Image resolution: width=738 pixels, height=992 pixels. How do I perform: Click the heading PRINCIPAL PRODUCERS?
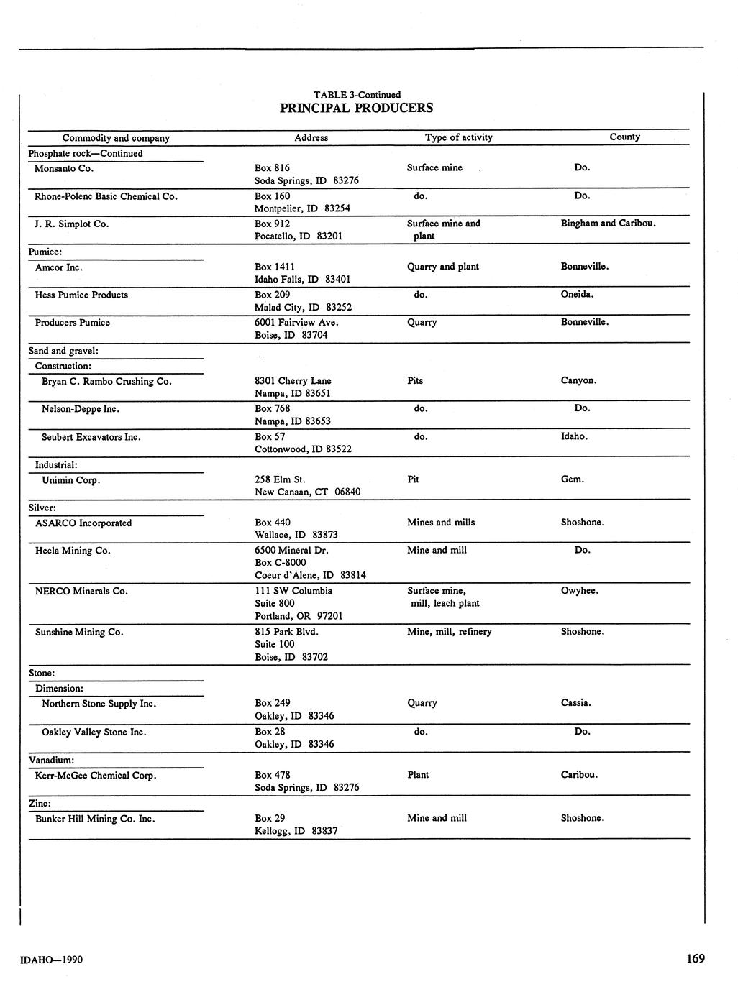356,109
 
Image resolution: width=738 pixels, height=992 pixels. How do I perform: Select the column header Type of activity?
458,137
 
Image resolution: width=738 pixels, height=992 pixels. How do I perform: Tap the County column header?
624,137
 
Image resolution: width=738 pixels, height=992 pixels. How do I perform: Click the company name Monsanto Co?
64,168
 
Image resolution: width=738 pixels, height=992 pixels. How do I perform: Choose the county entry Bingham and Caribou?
608,224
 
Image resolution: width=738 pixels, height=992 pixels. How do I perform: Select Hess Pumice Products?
81,295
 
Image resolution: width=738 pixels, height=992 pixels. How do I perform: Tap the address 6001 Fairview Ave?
296,322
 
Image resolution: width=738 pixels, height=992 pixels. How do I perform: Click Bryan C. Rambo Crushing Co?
106,381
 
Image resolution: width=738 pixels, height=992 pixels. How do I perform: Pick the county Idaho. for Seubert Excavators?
574,436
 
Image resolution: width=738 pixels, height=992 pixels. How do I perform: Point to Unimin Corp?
70,480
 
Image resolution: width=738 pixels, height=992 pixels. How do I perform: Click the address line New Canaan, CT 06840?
307,492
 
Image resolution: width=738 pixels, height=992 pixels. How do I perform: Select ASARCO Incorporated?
83,523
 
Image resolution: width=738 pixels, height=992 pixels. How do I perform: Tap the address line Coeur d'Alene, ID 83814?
310,575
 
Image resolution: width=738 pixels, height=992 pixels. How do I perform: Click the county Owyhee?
579,591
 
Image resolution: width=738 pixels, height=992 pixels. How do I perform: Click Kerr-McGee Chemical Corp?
96,776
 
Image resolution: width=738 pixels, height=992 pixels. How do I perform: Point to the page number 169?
695,958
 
